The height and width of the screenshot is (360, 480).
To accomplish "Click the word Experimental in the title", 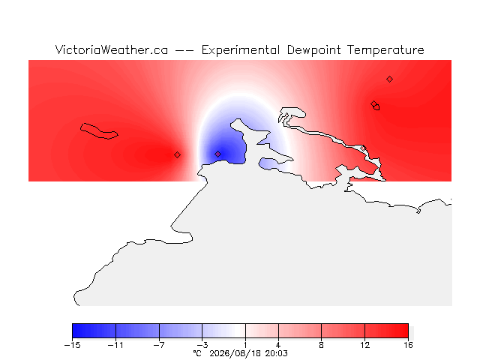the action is [241, 50].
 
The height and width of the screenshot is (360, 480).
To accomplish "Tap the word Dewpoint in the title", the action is [313, 50].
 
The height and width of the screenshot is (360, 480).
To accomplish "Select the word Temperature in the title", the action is [385, 50].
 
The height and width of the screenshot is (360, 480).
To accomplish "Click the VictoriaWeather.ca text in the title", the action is [112, 50].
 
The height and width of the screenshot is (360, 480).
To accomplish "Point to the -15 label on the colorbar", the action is [72, 345].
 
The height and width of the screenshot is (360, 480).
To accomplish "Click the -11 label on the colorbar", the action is [115, 345].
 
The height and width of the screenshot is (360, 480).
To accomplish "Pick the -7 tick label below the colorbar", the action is [159, 345].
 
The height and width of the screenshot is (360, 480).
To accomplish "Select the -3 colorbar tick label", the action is [202, 345].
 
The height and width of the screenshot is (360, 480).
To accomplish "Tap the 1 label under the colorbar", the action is [245, 345].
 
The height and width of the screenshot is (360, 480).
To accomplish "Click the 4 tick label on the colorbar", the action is [278, 345].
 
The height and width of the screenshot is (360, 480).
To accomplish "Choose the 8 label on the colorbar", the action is [321, 345].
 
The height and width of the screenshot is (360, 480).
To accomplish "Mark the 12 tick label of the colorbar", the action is [364, 345].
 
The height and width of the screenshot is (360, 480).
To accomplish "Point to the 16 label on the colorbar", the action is [408, 345].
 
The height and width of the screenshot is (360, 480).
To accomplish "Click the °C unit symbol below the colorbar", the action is [197, 353].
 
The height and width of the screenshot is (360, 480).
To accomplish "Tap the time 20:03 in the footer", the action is [277, 353].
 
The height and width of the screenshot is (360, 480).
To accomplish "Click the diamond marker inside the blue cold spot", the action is [217, 154].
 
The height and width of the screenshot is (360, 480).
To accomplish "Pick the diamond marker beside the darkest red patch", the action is [177, 155].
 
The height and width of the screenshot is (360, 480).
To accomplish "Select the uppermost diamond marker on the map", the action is [389, 79].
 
